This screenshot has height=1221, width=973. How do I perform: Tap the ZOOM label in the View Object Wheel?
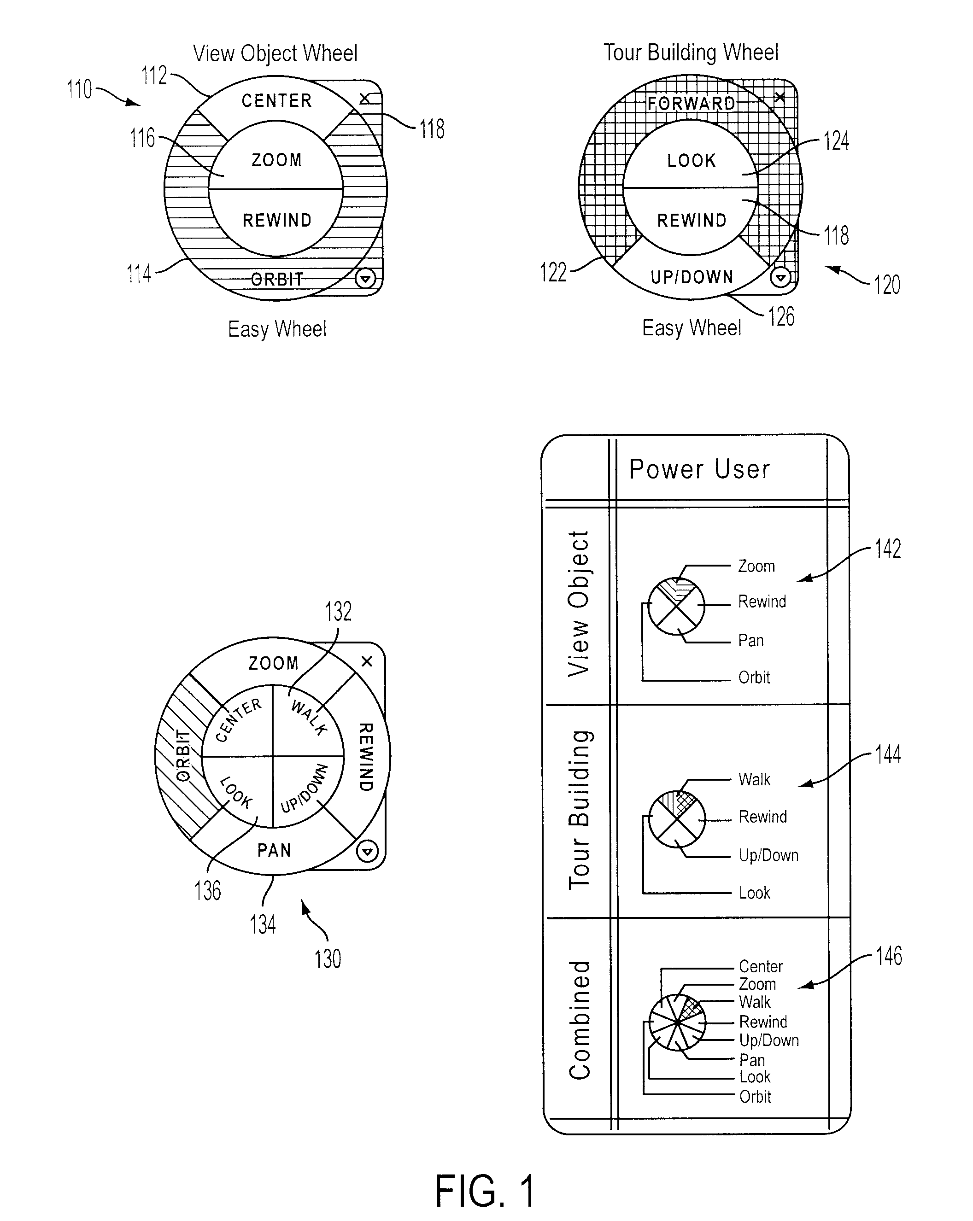pyautogui.click(x=276, y=160)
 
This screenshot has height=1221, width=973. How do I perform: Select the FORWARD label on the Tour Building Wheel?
pyautogui.click(x=691, y=104)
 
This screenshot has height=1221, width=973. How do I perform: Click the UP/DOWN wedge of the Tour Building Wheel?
pyautogui.click(x=692, y=277)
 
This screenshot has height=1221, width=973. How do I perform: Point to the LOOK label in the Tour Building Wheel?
pyautogui.click(x=692, y=161)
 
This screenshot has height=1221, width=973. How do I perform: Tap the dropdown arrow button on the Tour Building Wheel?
pyautogui.click(x=781, y=277)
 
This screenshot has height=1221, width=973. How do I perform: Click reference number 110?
pyautogui.click(x=79, y=89)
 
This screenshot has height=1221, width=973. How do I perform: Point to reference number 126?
pyautogui.click(x=781, y=316)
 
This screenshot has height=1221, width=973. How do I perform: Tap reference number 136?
pyautogui.click(x=207, y=891)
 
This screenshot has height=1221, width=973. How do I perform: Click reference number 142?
pyautogui.click(x=887, y=549)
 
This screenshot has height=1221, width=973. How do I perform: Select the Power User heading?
pyautogui.click(x=699, y=469)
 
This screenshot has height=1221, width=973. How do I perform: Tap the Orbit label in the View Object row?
pyautogui.click(x=754, y=678)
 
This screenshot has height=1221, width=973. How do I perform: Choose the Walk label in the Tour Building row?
pyautogui.click(x=754, y=780)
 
